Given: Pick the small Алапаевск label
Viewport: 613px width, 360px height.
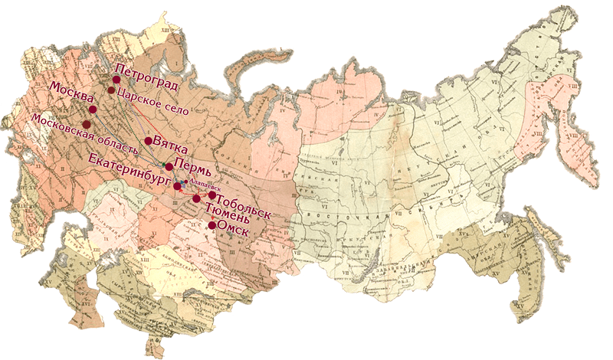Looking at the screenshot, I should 205,185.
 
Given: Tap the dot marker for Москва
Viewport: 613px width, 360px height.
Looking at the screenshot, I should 92,110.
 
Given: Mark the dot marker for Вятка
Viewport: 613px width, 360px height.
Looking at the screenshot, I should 148,141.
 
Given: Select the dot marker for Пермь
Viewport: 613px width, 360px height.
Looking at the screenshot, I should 169,166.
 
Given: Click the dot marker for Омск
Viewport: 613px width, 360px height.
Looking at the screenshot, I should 211,225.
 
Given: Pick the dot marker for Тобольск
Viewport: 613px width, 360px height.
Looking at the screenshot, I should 211,195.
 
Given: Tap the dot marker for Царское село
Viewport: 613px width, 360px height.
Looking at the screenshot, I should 111,90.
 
